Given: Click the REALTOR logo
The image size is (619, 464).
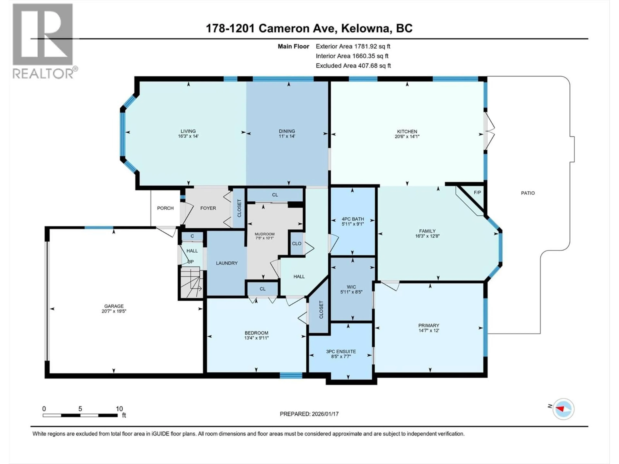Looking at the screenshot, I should pos(43,41).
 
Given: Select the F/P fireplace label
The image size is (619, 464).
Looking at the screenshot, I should pos(477,192).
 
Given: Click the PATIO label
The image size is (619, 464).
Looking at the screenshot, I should pos(528,193).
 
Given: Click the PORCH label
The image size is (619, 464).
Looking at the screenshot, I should pos(165,208).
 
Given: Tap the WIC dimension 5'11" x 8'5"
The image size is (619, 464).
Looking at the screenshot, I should pos(351,292).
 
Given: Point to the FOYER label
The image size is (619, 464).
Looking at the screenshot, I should pos(208,208).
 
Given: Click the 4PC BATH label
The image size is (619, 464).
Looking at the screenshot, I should pos(353,219).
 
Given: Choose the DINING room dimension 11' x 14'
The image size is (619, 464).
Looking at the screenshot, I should pos(287,136).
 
